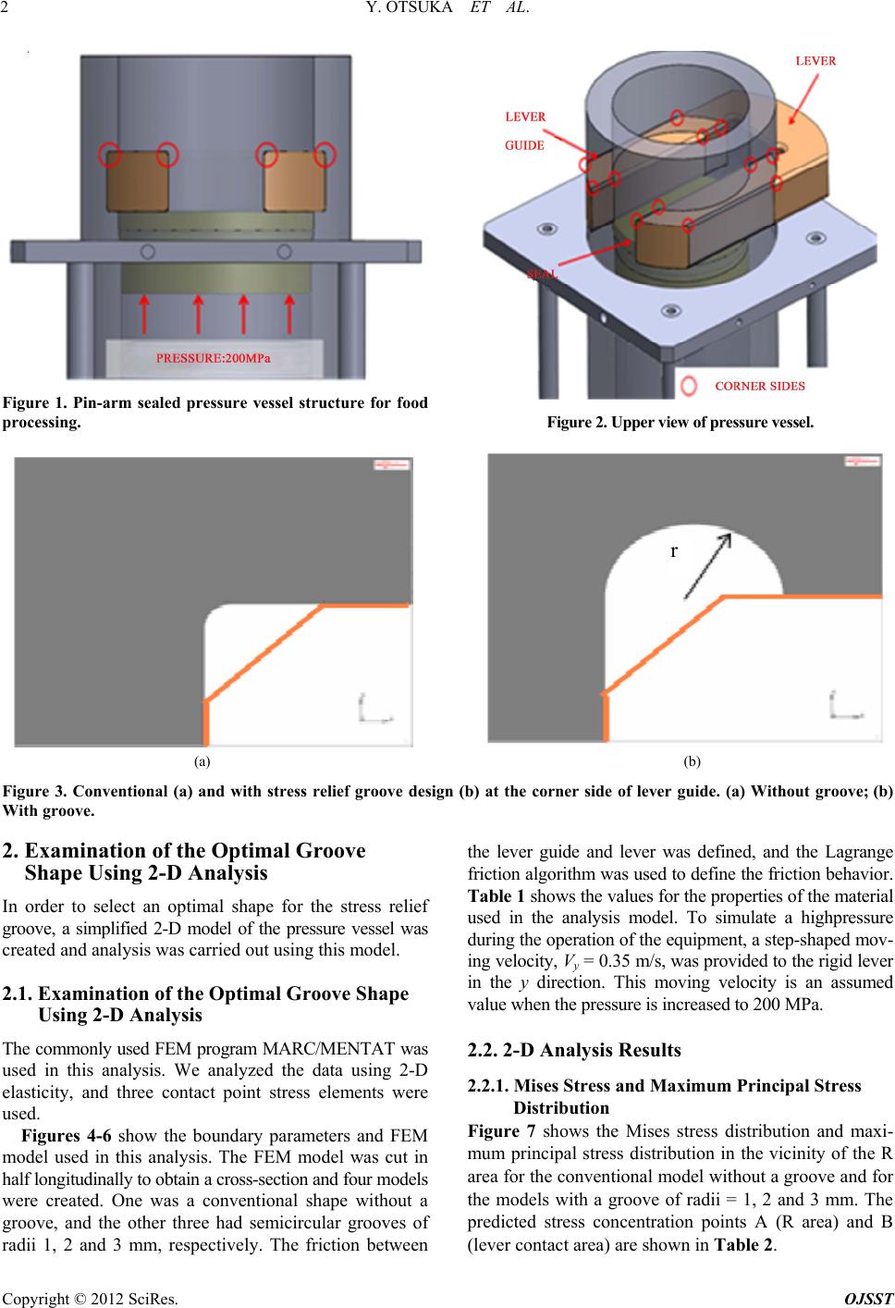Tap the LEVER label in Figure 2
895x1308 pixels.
[x=815, y=61]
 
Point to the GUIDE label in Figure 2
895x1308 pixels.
[x=523, y=144]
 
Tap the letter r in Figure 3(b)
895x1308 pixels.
[x=674, y=550]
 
